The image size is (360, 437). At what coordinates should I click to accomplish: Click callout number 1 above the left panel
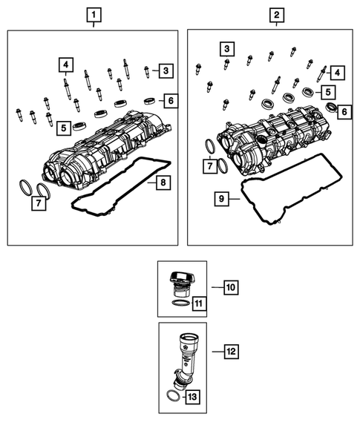pos(93,14)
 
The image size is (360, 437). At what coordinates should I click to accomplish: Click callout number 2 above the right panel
pos(276,14)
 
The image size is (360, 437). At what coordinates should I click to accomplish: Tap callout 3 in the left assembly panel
pos(165,71)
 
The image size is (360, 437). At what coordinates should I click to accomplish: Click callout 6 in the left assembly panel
pos(169,100)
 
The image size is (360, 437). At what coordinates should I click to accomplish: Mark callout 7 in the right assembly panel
pos(211,164)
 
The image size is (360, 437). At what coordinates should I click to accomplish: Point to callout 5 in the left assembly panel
pos(65,128)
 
